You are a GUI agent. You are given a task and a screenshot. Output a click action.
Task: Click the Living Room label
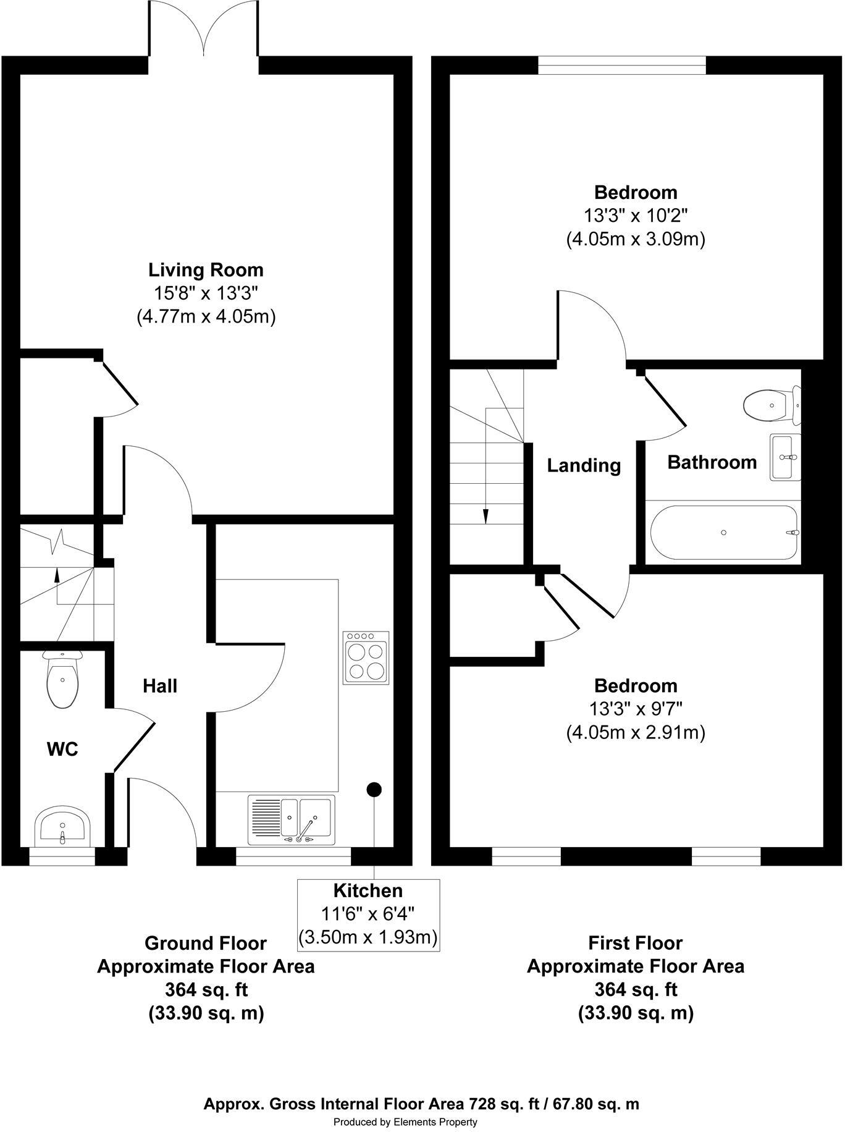206,270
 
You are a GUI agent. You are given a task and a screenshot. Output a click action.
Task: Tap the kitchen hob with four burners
366,657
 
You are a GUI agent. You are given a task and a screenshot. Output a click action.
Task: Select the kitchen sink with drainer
292,819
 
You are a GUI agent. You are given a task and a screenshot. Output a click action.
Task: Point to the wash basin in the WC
62,826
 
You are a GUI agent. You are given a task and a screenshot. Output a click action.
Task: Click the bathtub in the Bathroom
724,532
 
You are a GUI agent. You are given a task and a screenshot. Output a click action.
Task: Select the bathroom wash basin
785,457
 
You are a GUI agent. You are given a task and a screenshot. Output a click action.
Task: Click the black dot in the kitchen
374,789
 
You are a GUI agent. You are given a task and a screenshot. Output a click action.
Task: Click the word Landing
584,465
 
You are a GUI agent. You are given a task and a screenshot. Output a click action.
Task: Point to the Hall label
160,686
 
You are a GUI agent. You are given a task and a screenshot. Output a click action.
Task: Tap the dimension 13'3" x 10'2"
636,216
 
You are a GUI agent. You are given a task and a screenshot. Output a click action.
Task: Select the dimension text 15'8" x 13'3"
206,293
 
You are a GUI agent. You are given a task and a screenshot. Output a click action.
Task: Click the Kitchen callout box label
368,890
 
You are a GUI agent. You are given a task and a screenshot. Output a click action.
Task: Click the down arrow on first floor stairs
486,516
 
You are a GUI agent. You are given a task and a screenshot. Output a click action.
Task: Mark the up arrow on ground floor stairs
57,575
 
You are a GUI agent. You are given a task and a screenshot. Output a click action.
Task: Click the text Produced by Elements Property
405,1122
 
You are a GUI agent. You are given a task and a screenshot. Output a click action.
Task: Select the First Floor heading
635,943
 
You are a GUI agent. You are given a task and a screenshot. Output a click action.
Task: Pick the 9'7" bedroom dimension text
636,709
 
